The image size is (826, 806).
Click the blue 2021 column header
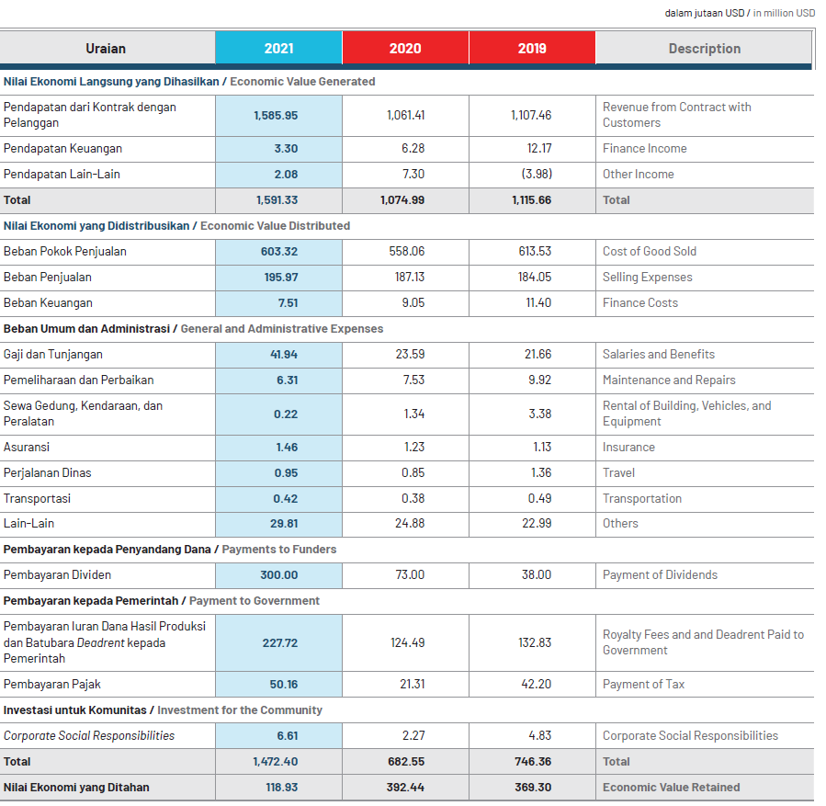(x=278, y=48)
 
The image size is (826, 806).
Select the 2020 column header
(x=405, y=48)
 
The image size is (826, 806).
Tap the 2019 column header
(x=532, y=48)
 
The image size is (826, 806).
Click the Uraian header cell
(x=107, y=48)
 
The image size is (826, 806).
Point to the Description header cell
(x=705, y=48)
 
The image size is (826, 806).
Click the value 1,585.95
(x=276, y=116)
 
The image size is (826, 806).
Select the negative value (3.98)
(x=537, y=174)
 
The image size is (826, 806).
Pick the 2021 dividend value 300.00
(x=279, y=574)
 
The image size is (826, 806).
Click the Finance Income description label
(x=645, y=149)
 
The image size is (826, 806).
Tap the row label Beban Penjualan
(x=48, y=278)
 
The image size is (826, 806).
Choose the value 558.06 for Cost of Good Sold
(x=407, y=251)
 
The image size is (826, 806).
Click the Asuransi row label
(x=27, y=448)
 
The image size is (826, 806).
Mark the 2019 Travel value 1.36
(x=541, y=472)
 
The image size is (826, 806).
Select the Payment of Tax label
(x=644, y=685)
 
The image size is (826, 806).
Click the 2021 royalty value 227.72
(x=280, y=642)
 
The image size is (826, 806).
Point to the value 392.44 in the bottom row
(x=405, y=787)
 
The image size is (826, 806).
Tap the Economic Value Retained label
(x=671, y=787)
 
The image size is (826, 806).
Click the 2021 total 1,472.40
(x=276, y=761)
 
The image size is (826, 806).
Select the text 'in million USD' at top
(x=784, y=13)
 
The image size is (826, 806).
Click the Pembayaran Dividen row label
(x=57, y=574)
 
